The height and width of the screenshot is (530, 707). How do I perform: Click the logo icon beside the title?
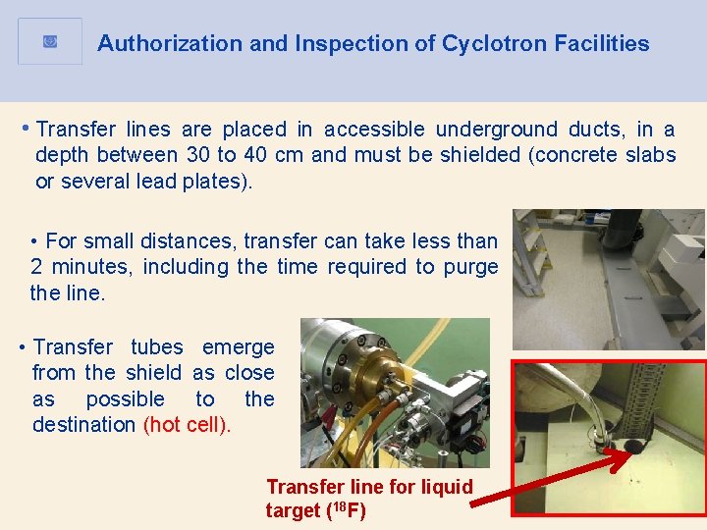(x=50, y=41)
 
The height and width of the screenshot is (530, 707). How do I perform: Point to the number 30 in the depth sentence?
(x=196, y=155)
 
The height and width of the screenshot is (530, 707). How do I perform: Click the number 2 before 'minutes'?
(x=36, y=267)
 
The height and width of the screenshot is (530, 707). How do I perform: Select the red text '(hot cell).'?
(x=188, y=425)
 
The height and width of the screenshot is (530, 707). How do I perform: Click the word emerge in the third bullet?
(x=238, y=347)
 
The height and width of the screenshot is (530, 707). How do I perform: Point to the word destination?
(x=83, y=425)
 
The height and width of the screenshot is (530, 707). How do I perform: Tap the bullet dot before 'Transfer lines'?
(x=25, y=129)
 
